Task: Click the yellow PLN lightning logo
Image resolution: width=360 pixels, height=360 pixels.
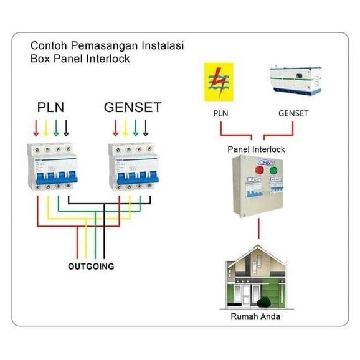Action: [x=219, y=82]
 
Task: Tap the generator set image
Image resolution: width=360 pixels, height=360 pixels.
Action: [x=295, y=82]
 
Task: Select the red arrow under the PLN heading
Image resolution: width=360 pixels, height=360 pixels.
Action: [x=36, y=128]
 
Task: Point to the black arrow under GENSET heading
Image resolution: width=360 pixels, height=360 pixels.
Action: [x=146, y=128]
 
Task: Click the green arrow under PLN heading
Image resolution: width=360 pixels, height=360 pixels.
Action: [x=56, y=128]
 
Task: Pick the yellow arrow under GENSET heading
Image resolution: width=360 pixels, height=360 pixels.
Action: [x=125, y=128]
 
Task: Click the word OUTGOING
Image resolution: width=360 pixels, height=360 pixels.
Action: [x=91, y=267]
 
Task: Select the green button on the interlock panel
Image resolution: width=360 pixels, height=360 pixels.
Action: [x=272, y=171]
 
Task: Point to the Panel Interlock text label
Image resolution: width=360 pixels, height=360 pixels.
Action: [x=256, y=149]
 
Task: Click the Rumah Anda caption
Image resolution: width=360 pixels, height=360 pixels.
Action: [x=255, y=316]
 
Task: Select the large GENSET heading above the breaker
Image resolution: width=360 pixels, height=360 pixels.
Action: [x=132, y=108]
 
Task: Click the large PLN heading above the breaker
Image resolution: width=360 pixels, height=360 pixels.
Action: [x=51, y=108]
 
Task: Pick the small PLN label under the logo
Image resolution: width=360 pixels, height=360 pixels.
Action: [x=221, y=114]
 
